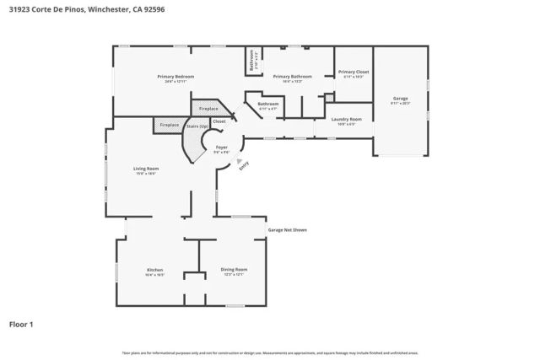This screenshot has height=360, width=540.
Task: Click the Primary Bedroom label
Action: (x=175, y=77)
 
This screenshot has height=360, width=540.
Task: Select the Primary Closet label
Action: (x=354, y=73)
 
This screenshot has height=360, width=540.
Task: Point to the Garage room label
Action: (x=401, y=99)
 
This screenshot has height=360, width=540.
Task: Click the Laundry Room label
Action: (x=346, y=120)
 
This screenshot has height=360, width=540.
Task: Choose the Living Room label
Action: (x=146, y=169)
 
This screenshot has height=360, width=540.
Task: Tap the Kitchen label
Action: (x=154, y=270)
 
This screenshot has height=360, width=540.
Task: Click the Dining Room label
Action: (x=234, y=270)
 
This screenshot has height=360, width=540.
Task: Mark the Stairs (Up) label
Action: (x=197, y=126)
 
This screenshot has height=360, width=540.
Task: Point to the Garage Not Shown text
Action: (x=287, y=229)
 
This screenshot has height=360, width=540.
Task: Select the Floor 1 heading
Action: (x=22, y=324)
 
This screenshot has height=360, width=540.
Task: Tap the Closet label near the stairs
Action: (x=219, y=121)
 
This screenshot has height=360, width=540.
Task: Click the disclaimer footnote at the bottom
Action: (x=270, y=352)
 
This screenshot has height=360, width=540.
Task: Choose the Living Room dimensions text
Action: (x=146, y=174)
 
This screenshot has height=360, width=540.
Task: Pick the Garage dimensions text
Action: (x=401, y=104)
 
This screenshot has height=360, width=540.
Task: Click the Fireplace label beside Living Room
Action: (x=170, y=125)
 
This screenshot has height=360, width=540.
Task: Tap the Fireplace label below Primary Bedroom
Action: (x=208, y=109)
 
